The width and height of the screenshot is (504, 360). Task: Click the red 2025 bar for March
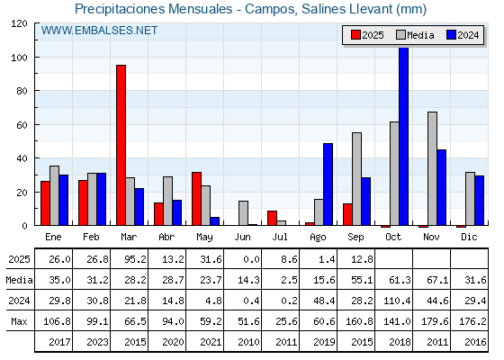point(121,145)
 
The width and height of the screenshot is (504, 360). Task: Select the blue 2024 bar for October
point(404,136)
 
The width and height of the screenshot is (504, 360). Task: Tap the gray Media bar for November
point(432,168)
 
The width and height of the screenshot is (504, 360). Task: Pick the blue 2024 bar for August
point(328,184)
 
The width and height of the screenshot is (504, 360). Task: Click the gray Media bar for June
point(243,213)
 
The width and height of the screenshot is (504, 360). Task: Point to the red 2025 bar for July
point(272,218)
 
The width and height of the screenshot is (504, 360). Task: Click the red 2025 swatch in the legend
point(355,35)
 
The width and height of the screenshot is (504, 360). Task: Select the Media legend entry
point(415,35)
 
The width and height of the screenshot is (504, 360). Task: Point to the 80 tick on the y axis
point(35,91)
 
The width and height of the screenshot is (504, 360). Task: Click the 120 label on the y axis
point(19,23)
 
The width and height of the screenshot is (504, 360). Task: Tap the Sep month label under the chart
point(355,238)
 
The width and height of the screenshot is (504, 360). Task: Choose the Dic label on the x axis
point(469,237)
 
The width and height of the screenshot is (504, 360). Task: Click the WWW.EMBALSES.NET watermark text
point(99,31)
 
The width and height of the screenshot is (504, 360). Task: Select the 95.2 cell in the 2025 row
point(135,259)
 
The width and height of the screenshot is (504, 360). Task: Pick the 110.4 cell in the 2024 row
point(397,301)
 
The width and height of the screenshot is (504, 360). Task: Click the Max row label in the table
point(19,321)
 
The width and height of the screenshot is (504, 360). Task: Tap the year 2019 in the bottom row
point(324,342)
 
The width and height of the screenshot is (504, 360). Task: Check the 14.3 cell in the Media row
point(248,280)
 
